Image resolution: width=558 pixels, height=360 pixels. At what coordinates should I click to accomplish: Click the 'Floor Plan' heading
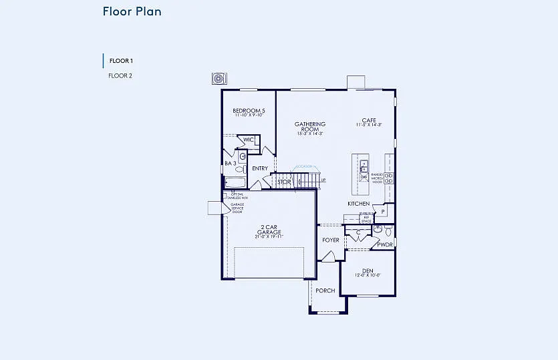pos(132,11)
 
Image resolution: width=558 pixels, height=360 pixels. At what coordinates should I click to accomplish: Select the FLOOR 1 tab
pos(121,61)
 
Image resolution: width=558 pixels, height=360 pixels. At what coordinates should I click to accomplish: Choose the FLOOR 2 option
pos(120,75)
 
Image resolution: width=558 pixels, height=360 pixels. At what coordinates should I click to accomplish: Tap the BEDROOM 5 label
pos(249,111)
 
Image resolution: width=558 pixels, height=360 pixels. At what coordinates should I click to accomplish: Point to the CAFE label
pos(369,121)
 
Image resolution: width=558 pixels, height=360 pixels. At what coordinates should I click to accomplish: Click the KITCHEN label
pos(358,204)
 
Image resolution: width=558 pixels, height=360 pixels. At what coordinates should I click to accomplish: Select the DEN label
pos(368,271)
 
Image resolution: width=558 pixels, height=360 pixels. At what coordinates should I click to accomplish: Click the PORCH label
pos(325,291)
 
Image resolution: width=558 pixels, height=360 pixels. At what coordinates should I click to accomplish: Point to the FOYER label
pos(331,240)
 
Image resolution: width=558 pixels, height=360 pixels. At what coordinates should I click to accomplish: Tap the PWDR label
pos(385,244)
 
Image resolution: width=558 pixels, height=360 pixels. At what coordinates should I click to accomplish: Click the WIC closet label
pos(249,140)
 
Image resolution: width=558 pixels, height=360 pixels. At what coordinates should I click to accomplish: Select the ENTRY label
pos(260,168)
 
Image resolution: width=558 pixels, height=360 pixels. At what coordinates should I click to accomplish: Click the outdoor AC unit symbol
pos(218,79)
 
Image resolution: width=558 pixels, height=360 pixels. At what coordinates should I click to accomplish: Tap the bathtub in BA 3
pos(236,182)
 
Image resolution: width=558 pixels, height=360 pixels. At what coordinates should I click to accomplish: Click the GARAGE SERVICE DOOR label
pos(237,208)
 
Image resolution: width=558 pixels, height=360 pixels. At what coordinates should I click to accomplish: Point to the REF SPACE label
pos(366,218)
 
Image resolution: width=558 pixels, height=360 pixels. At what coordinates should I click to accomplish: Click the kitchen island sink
pos(364,166)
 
